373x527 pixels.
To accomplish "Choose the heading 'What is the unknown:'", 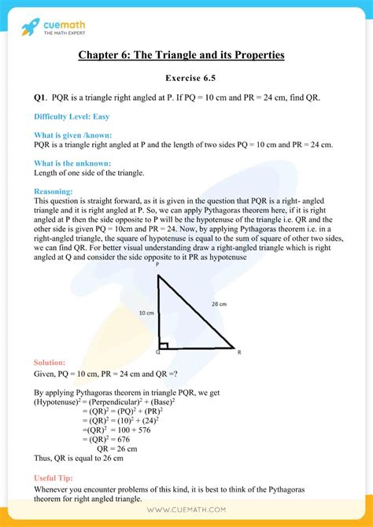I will pos(72,163).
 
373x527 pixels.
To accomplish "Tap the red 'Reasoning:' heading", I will pos(54,191).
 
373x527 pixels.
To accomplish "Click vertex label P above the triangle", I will pos(157,266).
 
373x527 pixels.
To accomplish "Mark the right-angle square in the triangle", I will pos(162,343).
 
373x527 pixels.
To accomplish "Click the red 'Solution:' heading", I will pos(50,362).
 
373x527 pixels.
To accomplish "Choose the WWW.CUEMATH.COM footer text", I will pos(186,511).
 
